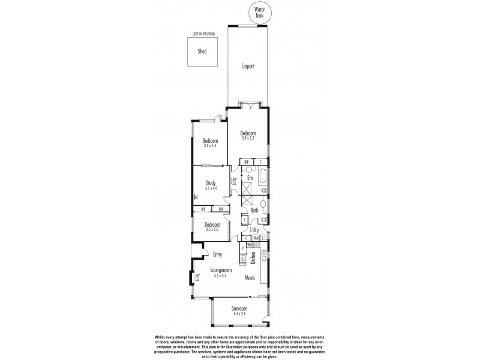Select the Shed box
tap(202, 51)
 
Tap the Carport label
tap(248, 67)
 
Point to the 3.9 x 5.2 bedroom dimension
tap(248, 138)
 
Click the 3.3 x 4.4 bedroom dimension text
tap(209, 145)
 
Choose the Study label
tap(210, 183)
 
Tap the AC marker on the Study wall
tap(196, 197)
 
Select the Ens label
tap(250, 178)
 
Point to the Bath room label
tap(254, 211)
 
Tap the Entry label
tap(218, 254)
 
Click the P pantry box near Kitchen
tap(243, 248)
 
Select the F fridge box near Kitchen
tap(243, 259)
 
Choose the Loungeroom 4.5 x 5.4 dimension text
tap(221, 276)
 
